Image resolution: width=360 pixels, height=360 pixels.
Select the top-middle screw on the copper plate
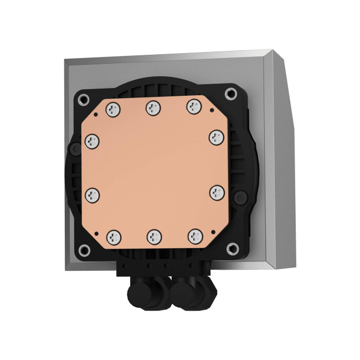tap(153, 108)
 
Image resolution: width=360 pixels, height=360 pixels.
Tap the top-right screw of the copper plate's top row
tap(193, 106)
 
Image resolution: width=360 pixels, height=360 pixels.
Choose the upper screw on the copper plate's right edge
tap(216, 136)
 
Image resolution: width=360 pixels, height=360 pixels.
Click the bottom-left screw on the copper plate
tap(114, 236)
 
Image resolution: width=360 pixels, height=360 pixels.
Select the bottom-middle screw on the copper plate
tap(153, 237)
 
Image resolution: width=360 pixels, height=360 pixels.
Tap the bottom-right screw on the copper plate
tap(194, 236)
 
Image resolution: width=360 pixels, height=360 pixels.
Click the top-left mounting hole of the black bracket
tap(84, 100)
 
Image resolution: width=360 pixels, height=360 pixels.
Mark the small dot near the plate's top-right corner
tap(210, 111)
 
